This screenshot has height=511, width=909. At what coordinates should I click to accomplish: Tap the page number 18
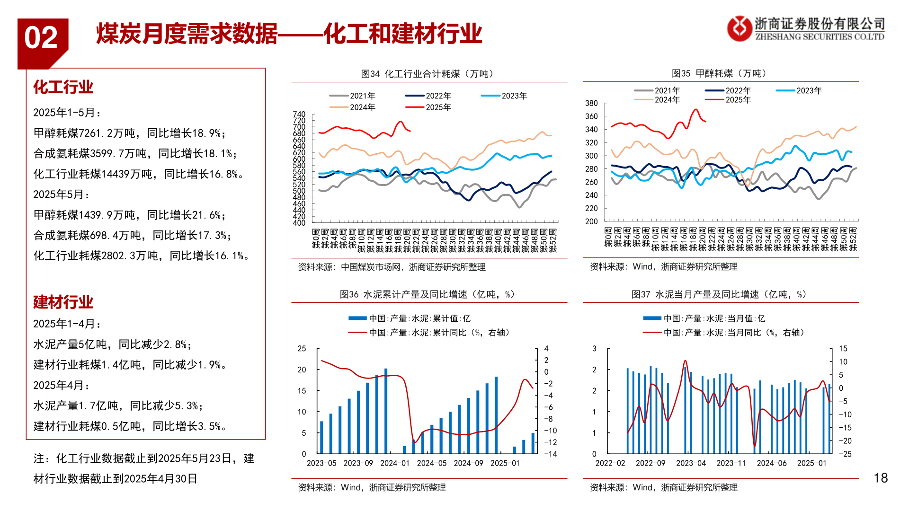coord(881,478)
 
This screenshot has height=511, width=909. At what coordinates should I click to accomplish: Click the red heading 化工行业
coord(63,87)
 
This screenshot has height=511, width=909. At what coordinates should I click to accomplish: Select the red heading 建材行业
coord(63,302)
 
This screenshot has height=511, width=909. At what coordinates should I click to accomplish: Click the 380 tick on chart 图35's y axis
coord(591,103)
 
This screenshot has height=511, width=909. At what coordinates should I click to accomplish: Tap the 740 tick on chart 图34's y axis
coord(299,115)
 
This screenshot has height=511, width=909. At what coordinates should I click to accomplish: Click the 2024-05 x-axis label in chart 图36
coord(431,463)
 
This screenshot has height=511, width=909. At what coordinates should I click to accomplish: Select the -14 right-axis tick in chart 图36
coord(550,454)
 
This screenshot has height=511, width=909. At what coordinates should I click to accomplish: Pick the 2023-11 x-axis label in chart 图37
coord(731,463)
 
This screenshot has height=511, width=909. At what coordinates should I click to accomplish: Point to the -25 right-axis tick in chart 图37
coord(845,454)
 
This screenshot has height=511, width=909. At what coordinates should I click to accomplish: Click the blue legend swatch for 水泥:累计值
coord(357,318)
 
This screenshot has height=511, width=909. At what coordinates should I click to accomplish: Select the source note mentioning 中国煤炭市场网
coord(392,267)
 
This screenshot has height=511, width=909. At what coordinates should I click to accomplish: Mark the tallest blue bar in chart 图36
coord(386,411)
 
